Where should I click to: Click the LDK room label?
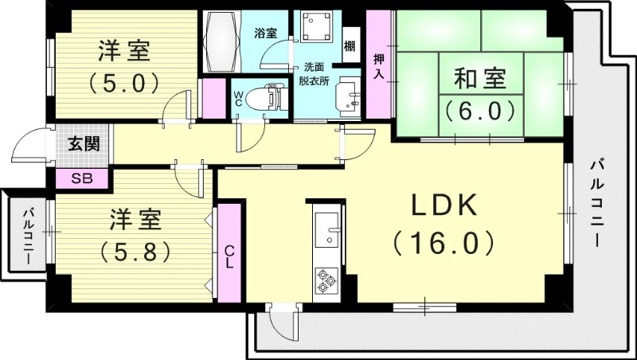[x=444, y=206]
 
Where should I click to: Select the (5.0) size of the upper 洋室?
[x=125, y=82]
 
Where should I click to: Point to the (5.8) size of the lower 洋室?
[x=136, y=252]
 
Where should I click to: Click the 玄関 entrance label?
[x=82, y=145]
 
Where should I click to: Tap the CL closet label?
[x=229, y=254]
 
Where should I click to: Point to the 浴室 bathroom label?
[x=265, y=33]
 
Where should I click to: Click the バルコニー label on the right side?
[x=596, y=202]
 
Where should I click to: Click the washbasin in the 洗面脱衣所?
[x=348, y=97]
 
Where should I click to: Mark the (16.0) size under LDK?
[x=444, y=242]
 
